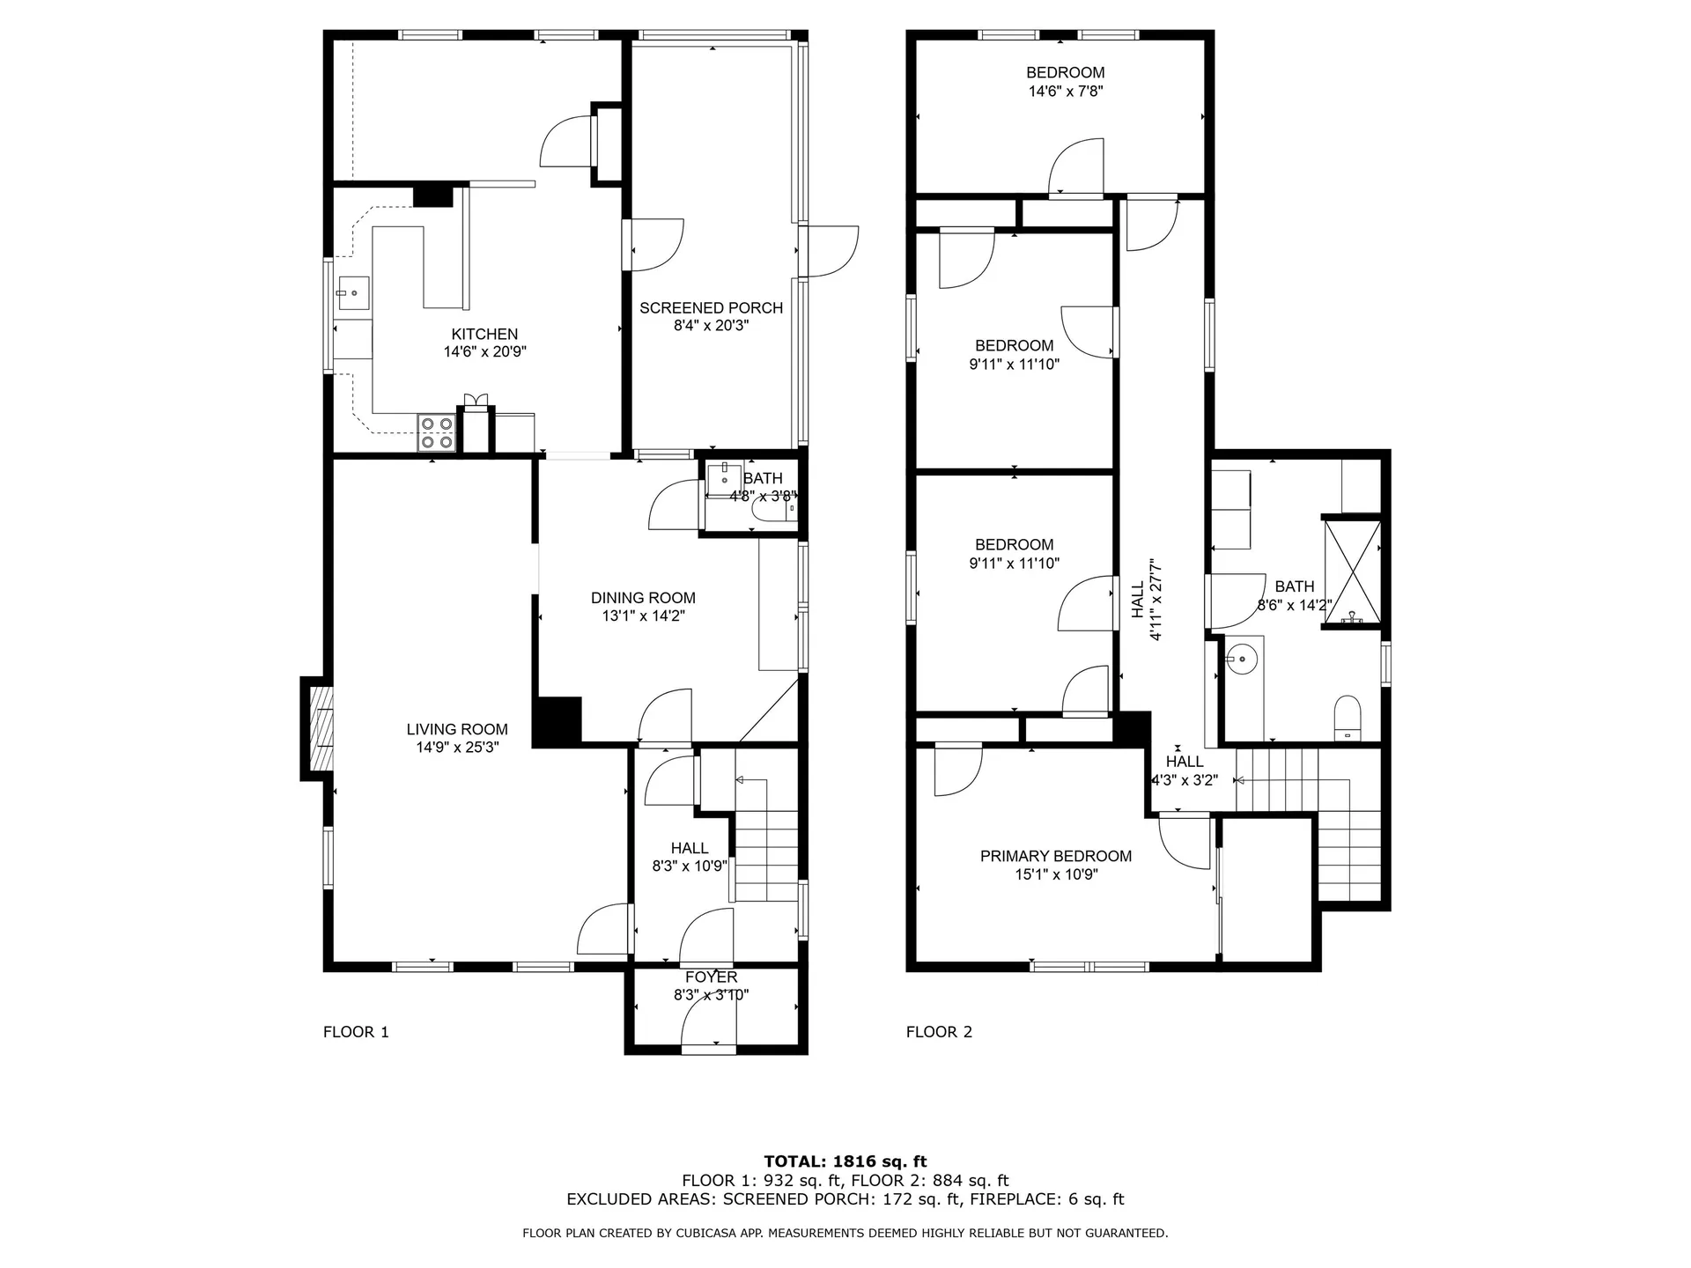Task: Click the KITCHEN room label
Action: point(484,334)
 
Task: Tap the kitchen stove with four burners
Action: point(436,433)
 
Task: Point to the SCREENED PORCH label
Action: point(711,307)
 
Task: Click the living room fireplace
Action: point(319,728)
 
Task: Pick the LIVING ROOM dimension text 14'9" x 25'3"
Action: point(457,748)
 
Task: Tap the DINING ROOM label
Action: point(643,598)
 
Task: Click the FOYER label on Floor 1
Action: point(712,977)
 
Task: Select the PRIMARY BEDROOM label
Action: point(1056,856)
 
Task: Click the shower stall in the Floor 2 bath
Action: point(1352,572)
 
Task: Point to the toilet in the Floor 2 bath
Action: point(1348,718)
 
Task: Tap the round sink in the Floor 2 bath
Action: point(1243,658)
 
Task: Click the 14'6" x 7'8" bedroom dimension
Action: point(1066,91)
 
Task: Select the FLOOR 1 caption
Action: point(356,1032)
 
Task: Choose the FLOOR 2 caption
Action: point(939,1032)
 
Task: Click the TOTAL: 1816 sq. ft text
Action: point(845,1161)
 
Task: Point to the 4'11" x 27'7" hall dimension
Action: point(1157,599)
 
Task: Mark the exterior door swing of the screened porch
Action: point(831,252)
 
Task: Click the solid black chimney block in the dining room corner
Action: point(557,721)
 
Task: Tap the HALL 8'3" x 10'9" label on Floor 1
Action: point(690,857)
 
